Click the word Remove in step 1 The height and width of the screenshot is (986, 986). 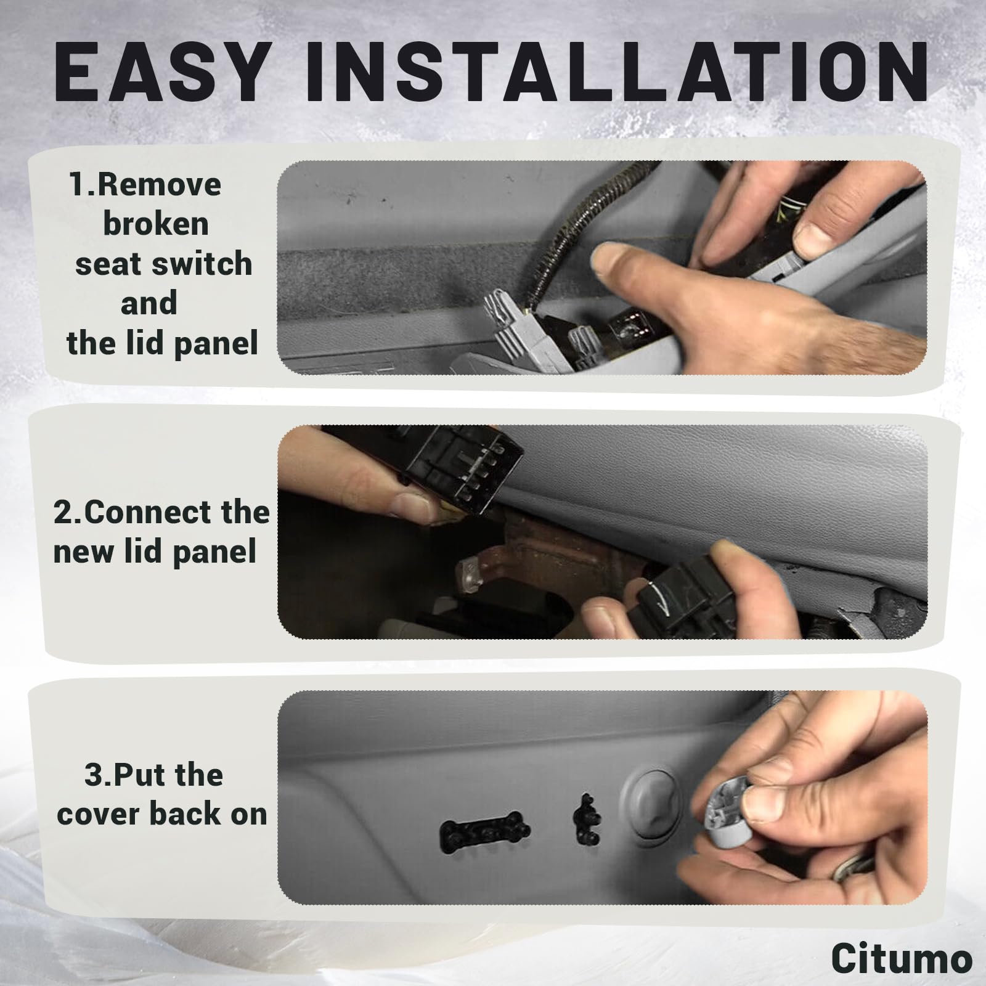[159, 184]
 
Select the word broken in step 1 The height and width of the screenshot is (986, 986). [155, 224]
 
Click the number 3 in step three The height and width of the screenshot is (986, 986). [94, 775]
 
